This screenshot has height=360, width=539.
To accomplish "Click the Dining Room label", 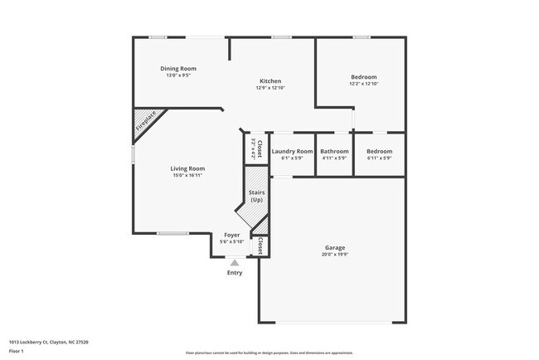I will pyautogui.click(x=178, y=68).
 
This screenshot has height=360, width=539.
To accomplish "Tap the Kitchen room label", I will pyautogui.click(x=270, y=80).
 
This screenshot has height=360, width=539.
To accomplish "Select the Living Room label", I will pyautogui.click(x=188, y=168).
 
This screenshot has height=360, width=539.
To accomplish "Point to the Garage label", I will pyautogui.click(x=334, y=247).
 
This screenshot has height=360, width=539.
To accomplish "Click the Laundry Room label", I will pyautogui.click(x=292, y=151).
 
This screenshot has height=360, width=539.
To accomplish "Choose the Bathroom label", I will pyautogui.click(x=334, y=151).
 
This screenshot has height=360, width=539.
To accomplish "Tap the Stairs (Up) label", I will pyautogui.click(x=256, y=196).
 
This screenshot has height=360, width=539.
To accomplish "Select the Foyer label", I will pyautogui.click(x=232, y=235).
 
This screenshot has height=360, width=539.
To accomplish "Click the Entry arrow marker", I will pyautogui.click(x=235, y=263).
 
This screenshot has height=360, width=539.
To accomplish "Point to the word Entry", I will pyautogui.click(x=235, y=273).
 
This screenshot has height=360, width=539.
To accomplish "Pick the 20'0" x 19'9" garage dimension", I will pyautogui.click(x=334, y=255).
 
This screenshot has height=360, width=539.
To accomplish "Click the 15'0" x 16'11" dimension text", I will pyautogui.click(x=188, y=176).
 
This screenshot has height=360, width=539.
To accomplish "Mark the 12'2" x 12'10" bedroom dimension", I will pyautogui.click(x=363, y=84).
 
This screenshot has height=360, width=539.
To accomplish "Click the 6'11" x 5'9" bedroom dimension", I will pyautogui.click(x=379, y=158).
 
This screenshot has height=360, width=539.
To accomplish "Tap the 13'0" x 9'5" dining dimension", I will pyautogui.click(x=178, y=75).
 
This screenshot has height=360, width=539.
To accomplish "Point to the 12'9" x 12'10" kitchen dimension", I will pyautogui.click(x=270, y=88).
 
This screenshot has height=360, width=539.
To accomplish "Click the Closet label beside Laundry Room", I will pyautogui.click(x=260, y=149).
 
